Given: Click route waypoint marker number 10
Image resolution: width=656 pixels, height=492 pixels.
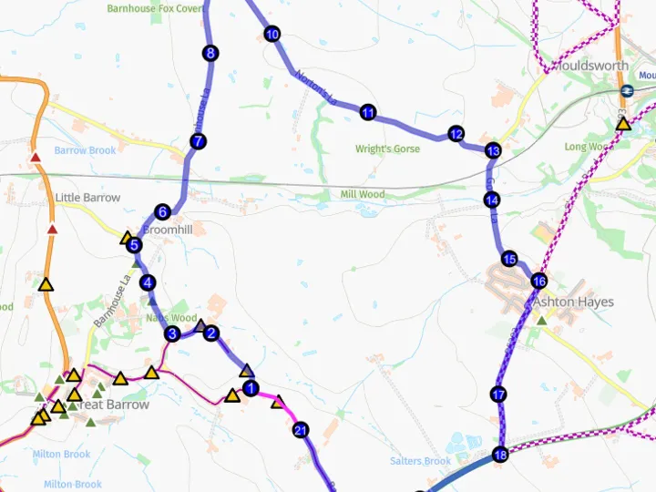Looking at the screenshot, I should pos(272,35).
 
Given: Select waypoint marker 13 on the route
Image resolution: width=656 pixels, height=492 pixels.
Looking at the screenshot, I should pos(493,150).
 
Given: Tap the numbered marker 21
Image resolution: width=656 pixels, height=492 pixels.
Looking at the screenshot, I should pos(301,430).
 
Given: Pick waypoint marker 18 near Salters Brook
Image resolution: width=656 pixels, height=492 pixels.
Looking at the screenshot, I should pos(499,455).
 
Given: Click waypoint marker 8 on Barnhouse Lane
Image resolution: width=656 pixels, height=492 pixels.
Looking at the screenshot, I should pos(210,54).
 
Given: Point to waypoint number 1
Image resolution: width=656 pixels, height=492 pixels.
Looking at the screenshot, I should pos(252,386).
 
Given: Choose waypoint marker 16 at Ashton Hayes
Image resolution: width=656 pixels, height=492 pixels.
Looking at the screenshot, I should pos(538,281).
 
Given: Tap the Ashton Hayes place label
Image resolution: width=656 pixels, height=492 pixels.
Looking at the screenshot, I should pos(573,302).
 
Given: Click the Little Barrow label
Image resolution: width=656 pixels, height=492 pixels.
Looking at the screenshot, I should pos(87,198).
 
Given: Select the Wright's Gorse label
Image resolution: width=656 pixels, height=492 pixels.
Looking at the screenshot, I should pos(387,149).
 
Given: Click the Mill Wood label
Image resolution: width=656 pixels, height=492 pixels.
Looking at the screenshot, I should pos(362,194).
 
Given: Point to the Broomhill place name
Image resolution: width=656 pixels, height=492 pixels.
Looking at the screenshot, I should pos(167,231).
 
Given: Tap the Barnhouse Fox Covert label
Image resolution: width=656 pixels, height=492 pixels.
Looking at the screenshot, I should pos(155,8).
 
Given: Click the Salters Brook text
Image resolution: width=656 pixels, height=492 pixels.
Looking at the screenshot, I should pos(420,461).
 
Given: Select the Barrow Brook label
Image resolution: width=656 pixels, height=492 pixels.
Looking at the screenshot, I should pos(85,150).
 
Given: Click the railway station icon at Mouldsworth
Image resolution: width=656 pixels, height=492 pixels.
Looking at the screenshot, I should pos(627,90).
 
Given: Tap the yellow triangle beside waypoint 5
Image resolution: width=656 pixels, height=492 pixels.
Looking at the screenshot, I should pos(128,239).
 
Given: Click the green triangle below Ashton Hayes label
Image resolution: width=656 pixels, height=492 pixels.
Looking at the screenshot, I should pos(541,320).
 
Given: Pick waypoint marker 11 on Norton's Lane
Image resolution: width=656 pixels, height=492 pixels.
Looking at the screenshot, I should pos(368,113).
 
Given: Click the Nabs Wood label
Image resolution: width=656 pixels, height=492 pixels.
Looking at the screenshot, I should pos(171,318).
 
